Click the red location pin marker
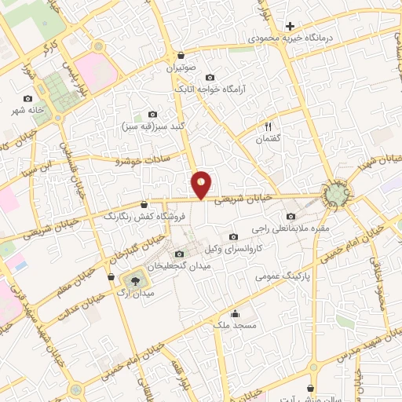point(202,185)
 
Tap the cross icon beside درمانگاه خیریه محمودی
point(290,26)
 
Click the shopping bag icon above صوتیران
point(182,56)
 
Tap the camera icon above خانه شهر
point(29,99)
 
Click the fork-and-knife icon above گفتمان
point(269,126)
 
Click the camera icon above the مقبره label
point(291,217)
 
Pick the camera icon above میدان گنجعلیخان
point(180,254)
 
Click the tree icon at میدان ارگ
point(134,280)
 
